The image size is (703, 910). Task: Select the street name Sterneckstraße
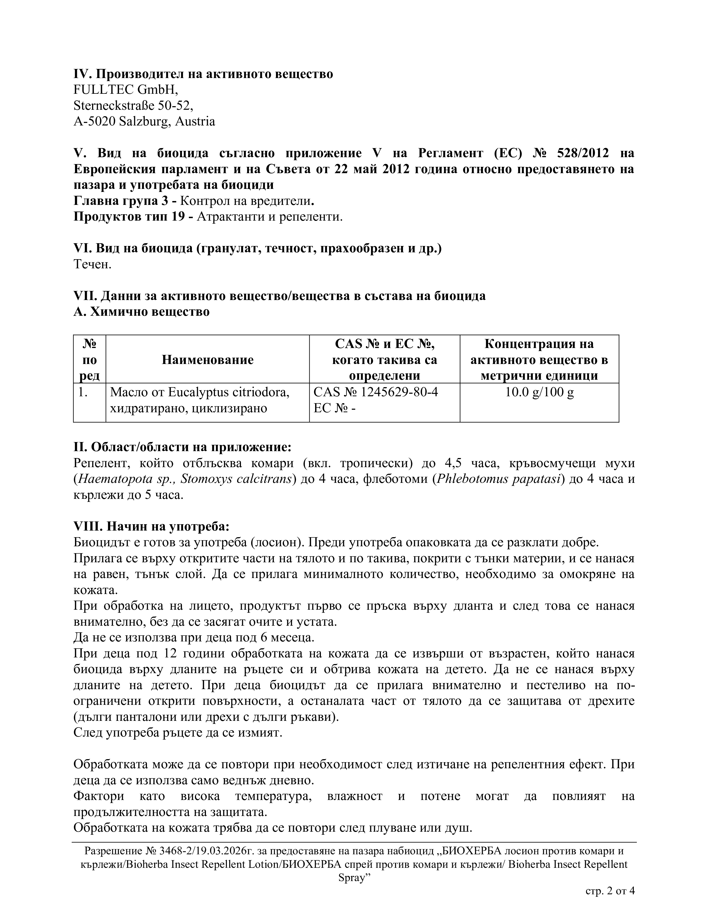coord(114,106)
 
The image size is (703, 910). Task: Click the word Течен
coord(92,264)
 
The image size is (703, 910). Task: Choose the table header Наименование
coord(207,360)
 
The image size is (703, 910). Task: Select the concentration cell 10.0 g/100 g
coord(539,392)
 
